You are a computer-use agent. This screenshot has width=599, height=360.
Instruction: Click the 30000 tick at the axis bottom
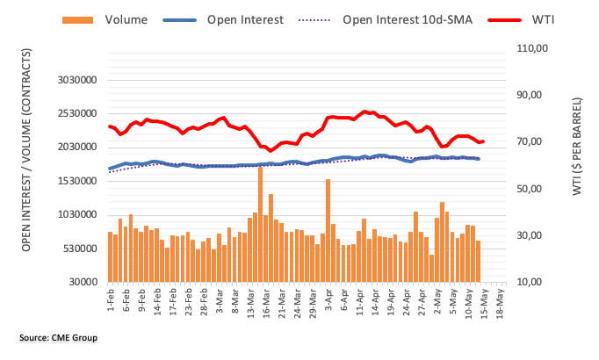click(x=82, y=283)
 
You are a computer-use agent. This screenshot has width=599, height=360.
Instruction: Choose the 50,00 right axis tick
click(x=534, y=189)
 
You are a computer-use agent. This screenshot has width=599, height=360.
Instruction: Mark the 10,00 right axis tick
click(x=534, y=283)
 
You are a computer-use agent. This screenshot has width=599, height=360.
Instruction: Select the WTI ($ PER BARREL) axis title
click(x=577, y=166)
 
